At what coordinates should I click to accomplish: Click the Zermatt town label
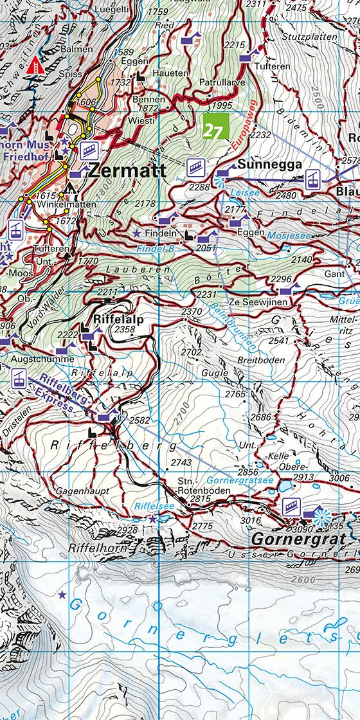126,171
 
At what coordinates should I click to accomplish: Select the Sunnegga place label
269,165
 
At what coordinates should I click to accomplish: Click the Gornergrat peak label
299,537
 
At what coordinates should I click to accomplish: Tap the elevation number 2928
129,529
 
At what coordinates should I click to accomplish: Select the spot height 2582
139,420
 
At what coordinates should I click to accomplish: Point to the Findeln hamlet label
162,232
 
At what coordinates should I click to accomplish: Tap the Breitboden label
261,360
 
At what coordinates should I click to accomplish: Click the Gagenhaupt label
82,491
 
